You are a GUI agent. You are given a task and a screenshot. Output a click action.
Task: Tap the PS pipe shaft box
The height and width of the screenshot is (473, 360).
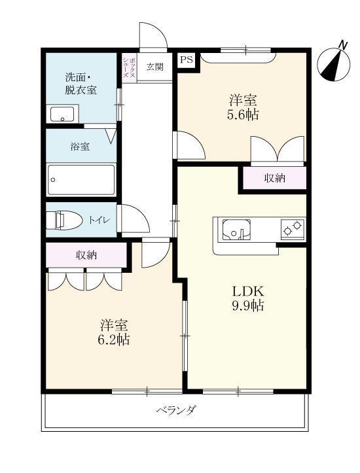click(187, 59)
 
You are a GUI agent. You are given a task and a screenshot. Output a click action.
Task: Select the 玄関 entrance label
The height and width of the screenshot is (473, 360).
click(155, 66)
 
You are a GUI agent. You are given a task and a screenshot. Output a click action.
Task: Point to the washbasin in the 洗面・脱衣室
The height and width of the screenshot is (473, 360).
click(63, 114)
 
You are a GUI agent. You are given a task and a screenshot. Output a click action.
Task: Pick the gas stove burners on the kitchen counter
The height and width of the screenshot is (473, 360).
click(292, 229)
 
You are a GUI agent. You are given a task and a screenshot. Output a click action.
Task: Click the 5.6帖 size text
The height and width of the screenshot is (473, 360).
click(242, 115)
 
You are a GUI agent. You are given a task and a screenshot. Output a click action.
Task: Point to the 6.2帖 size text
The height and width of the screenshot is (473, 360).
click(114, 340)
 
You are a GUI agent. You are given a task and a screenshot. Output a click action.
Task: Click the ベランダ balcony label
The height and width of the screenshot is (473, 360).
click(176, 411)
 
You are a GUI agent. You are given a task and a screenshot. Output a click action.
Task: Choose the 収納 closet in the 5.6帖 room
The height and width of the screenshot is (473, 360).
click(274, 178)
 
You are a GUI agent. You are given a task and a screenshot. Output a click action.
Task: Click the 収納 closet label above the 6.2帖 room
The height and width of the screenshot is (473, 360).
click(86, 255)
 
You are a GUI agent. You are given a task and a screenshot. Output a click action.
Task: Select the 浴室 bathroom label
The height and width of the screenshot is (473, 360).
click(80, 147)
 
